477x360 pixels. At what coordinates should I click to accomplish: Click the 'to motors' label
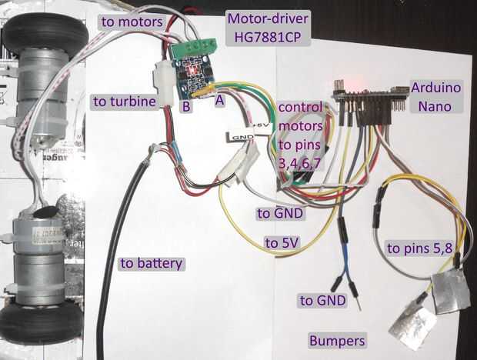click(132, 22)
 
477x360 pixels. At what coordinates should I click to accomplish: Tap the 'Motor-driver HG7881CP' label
click(268, 28)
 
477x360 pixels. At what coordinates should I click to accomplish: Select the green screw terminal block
click(194, 48)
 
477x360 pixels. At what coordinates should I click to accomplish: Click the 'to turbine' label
click(125, 102)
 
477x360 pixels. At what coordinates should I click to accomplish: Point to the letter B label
click(186, 106)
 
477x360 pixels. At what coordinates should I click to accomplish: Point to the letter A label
click(219, 100)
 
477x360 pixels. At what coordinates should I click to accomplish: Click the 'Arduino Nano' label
click(435, 97)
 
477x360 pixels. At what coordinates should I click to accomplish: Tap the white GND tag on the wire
click(241, 137)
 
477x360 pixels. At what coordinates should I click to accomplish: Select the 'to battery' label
click(152, 263)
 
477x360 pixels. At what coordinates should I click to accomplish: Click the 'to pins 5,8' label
click(420, 248)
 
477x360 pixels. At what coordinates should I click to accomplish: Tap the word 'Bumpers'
click(337, 341)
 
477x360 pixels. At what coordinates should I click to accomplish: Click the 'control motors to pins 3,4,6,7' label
click(301, 136)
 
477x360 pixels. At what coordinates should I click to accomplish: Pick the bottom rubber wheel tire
click(42, 324)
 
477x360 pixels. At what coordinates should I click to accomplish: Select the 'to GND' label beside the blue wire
click(323, 301)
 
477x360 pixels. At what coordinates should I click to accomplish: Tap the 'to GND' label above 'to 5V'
click(280, 213)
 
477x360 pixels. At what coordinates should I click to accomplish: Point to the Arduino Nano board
click(369, 95)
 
